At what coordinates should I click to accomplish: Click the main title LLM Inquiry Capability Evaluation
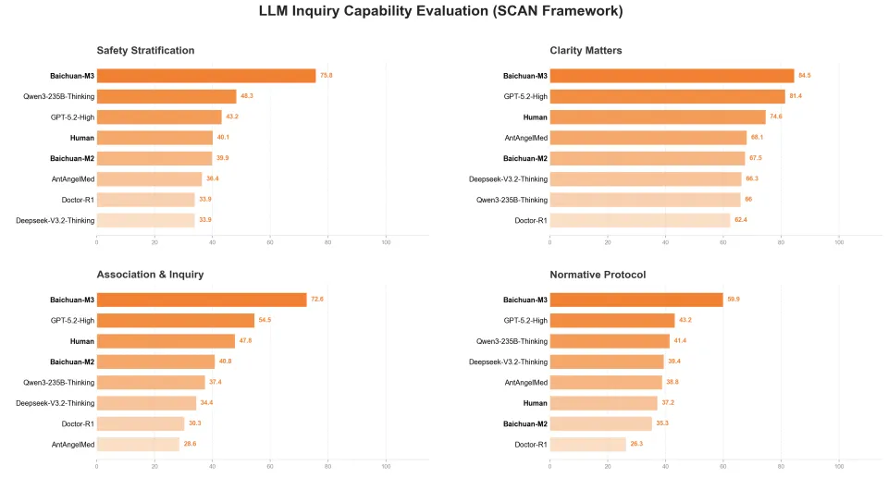point(443,11)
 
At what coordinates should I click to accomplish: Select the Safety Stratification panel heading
point(145,50)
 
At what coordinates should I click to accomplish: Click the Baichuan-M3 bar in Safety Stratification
point(205,76)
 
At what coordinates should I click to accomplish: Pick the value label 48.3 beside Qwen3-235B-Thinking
point(247,96)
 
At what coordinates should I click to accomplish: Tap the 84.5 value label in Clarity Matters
point(805,76)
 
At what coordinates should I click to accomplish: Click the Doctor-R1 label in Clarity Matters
point(531,220)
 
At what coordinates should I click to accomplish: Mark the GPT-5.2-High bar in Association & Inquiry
point(175,320)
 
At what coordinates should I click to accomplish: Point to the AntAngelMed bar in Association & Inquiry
point(138,444)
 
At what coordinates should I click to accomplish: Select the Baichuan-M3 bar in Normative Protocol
point(636,300)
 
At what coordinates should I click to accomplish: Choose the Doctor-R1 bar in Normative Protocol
point(587,444)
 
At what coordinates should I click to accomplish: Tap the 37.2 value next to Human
point(669,403)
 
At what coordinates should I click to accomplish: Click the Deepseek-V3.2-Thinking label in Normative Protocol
point(510,362)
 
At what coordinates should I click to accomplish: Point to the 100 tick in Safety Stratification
point(386,241)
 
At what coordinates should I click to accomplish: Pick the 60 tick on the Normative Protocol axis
point(723,465)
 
